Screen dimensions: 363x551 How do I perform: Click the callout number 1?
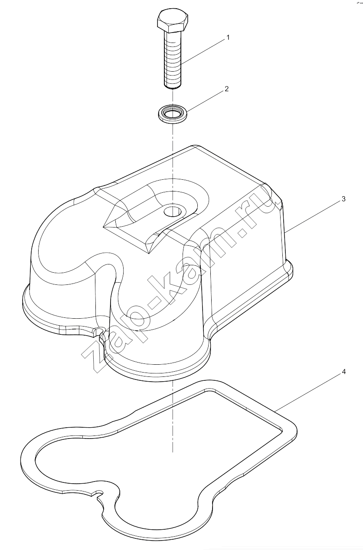(228, 38)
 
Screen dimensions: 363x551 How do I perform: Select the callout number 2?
(226, 89)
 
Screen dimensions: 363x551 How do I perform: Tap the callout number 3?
(343, 199)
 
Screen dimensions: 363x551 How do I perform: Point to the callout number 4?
(343, 372)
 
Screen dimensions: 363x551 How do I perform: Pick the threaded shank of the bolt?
(173, 59)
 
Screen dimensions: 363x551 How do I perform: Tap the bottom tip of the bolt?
(173, 88)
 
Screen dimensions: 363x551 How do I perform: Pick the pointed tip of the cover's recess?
(105, 226)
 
